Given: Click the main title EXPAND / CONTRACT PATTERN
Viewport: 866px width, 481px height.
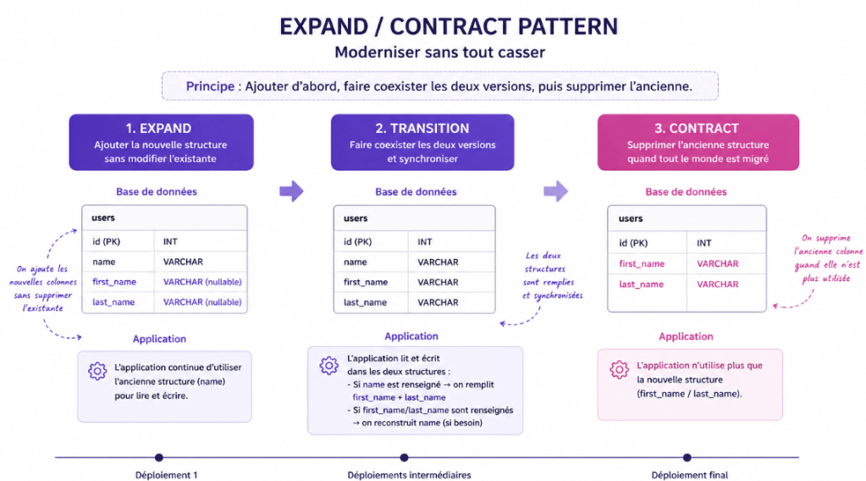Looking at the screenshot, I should click(x=449, y=26).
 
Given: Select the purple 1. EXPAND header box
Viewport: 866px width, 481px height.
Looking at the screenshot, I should click(x=161, y=142).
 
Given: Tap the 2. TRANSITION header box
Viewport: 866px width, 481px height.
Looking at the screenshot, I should click(x=422, y=142).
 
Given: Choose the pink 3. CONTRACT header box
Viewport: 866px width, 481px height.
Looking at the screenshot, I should click(x=698, y=142).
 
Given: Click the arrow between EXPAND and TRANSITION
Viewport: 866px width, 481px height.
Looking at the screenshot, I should click(x=291, y=191).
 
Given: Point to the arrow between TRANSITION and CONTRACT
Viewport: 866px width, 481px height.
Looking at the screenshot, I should click(x=555, y=191).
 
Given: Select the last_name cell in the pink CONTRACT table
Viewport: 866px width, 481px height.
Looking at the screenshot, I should click(x=641, y=285).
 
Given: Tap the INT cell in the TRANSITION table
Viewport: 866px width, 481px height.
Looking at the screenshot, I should click(x=425, y=242).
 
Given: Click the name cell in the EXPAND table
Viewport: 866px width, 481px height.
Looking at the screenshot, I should click(x=104, y=263).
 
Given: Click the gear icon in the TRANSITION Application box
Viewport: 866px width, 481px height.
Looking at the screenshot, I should click(x=328, y=365).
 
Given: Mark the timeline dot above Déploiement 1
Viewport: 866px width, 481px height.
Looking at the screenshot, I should click(x=158, y=457).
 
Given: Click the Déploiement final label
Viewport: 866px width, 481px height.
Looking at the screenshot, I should click(x=690, y=475).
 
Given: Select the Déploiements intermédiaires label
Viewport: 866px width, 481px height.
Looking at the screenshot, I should click(x=409, y=475).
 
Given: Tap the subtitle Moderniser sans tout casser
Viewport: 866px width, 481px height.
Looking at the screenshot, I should click(x=439, y=53).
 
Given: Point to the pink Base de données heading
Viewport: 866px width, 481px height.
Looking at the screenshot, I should click(x=686, y=192).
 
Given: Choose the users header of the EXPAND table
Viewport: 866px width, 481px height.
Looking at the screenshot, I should click(x=103, y=218).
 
